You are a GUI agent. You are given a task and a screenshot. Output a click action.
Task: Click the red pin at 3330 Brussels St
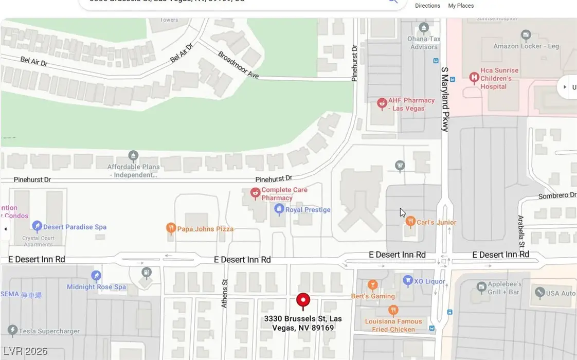coord(303,301)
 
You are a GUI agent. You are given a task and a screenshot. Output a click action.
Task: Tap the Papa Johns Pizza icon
coord(171,228)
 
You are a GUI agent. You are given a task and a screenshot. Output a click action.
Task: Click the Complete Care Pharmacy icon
coord(255,193)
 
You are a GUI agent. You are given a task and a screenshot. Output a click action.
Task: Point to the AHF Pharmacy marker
coord(382,104)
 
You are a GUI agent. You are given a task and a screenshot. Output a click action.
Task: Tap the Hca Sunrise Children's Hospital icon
coord(474,78)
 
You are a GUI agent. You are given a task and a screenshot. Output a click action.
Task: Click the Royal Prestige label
coord(308,210)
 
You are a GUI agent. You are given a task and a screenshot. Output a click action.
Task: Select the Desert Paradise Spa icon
coord(37,226)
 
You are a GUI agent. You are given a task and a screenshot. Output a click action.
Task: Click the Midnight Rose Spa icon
coord(96,276)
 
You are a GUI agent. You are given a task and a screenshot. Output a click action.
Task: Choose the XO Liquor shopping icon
coord(408,281)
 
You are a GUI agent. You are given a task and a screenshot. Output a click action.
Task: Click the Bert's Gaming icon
coord(373,285)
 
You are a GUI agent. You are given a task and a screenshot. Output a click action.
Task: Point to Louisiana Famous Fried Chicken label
coord(393,326)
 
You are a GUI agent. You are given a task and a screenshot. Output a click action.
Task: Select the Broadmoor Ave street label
coord(238,65)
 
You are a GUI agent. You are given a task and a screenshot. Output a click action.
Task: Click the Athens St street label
coord(224,294)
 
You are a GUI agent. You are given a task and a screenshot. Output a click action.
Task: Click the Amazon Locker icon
coord(526,36)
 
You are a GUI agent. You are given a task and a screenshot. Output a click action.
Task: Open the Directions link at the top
coord(427,6)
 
